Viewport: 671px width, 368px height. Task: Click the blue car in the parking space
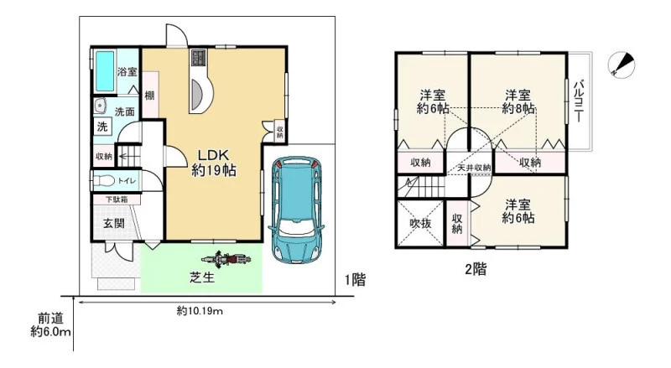296,210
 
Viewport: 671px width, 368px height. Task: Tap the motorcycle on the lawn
226,259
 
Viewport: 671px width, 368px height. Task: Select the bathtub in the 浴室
105,71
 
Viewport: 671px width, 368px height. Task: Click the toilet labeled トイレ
104,181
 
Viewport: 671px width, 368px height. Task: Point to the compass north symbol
622,65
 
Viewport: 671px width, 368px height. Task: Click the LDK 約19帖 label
214,163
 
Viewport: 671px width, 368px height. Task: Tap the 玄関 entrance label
114,222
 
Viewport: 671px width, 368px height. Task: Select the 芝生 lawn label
202,277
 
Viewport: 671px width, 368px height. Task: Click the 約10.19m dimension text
200,311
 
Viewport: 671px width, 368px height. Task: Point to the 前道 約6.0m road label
50,324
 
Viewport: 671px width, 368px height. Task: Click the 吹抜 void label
420,223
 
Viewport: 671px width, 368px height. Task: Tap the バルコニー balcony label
579,101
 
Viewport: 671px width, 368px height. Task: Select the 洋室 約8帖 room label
518,101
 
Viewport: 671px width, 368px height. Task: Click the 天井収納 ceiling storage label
474,168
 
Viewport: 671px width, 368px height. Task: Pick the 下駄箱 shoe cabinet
117,200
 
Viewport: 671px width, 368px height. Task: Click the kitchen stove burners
198,58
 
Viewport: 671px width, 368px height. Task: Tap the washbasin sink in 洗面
100,106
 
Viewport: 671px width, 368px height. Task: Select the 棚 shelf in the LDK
150,95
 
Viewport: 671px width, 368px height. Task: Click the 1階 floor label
355,280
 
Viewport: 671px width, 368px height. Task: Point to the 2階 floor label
476,269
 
